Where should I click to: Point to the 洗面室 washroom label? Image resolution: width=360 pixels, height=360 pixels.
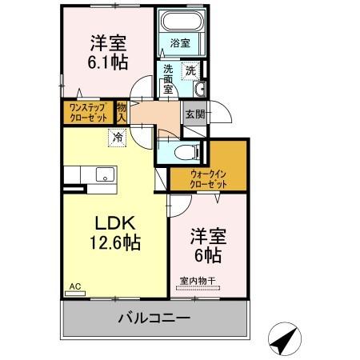pos(168,78)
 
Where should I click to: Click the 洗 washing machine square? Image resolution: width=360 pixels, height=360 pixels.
pos(190,70)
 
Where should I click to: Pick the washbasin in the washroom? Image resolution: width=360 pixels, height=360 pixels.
pos(200,89)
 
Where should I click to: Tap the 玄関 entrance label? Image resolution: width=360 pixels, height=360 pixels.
pos(194,114)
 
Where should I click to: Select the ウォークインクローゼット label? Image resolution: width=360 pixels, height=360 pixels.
pos(209,178)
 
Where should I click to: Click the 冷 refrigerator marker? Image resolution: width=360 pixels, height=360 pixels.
pos(117,137)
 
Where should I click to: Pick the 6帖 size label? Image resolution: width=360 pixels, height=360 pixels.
pos(206,255)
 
